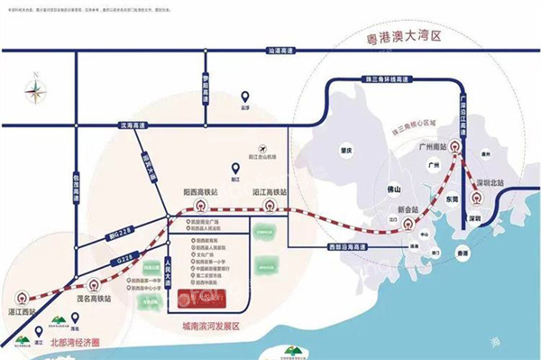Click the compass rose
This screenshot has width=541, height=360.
35,88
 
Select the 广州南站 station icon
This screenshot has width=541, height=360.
453,149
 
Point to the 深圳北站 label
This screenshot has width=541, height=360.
498,182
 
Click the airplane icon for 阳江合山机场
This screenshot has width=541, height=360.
262,148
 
